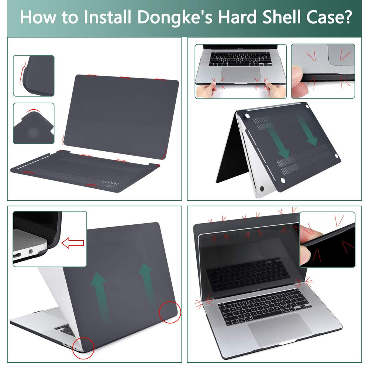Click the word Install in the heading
point(104,17)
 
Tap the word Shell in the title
point(278,17)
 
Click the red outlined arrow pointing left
point(72,243)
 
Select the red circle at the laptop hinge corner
point(83,348)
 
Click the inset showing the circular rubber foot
point(34,123)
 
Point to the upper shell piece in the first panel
point(121,114)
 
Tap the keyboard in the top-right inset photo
point(240,59)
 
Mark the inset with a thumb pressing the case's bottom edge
point(323,71)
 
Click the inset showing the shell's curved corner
point(34,76)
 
